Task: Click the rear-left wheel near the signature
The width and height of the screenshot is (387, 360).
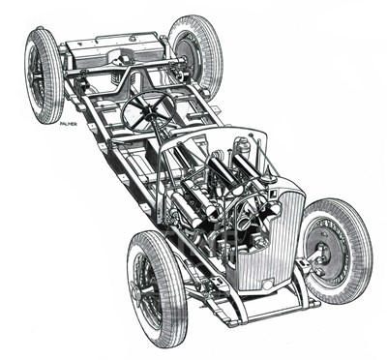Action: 44,75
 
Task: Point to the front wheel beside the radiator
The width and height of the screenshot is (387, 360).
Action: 334,250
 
